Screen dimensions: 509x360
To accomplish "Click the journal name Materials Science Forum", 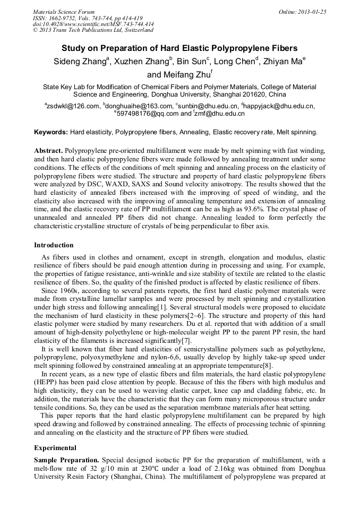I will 64,12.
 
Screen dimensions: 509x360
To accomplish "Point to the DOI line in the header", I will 93,24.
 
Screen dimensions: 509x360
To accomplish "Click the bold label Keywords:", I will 51,132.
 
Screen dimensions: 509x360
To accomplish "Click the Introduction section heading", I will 54,245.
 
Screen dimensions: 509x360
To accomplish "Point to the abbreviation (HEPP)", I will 47,381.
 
